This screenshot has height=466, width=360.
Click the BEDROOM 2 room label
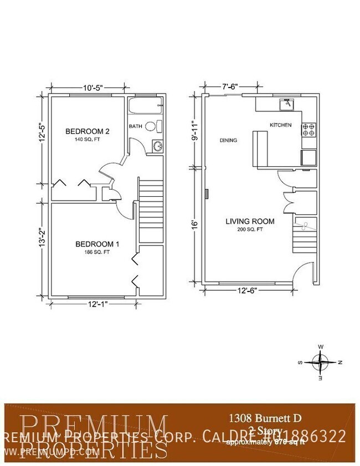[88, 131]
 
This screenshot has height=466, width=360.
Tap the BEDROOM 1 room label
[97, 244]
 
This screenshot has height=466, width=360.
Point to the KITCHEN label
[280, 125]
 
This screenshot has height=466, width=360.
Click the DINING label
[228, 140]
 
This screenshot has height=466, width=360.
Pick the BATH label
[136, 126]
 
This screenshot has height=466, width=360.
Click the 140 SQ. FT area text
[88, 140]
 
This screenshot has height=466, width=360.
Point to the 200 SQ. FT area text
[250, 230]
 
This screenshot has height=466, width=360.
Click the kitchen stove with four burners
[308, 130]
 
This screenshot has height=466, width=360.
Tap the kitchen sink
[287, 103]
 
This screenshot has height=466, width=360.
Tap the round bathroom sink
[157, 146]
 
